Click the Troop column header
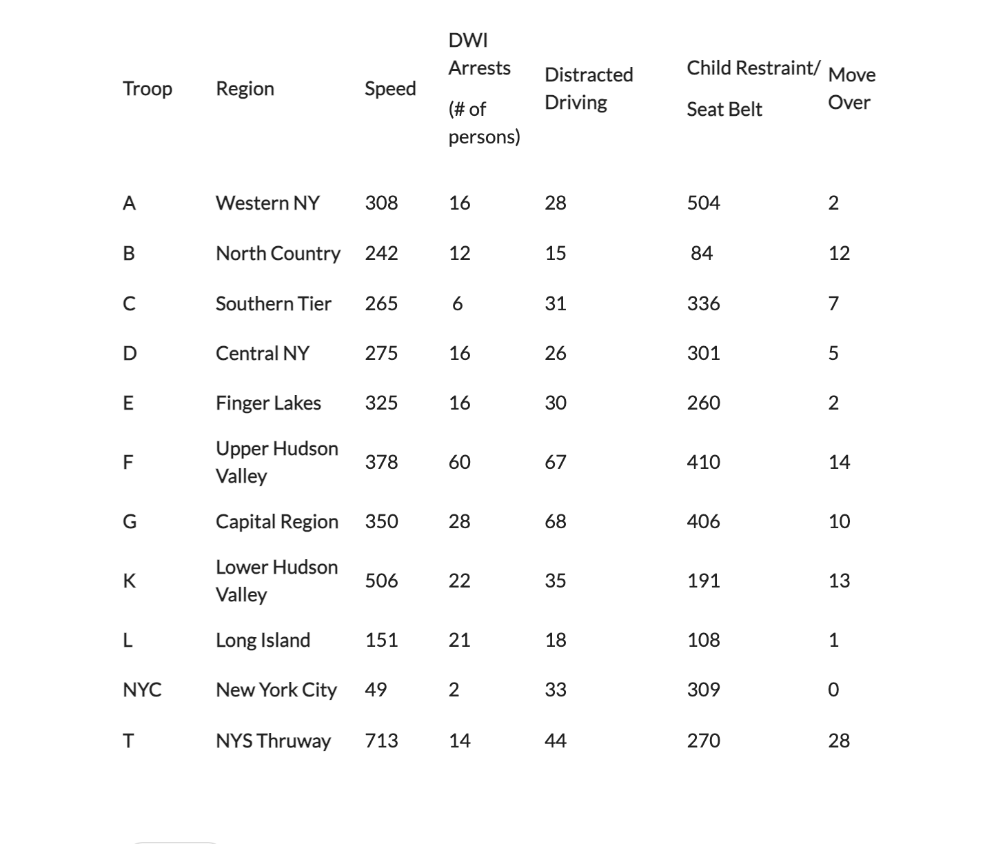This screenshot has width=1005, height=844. [148, 88]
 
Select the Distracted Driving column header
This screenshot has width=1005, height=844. [588, 88]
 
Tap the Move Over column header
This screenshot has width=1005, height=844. [851, 88]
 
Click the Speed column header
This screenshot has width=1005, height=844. [389, 88]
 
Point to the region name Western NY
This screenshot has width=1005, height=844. [267, 203]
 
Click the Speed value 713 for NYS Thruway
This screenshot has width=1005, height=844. [381, 741]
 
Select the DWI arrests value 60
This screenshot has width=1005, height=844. [459, 462]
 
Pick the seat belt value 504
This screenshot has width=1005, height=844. [703, 203]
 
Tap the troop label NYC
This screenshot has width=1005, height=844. [142, 690]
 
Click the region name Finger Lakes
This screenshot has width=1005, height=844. [268, 403]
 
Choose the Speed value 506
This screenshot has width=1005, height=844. [381, 581]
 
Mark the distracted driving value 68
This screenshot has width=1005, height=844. [555, 521]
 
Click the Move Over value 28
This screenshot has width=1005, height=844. [839, 741]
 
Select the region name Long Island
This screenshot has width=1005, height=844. [263, 640]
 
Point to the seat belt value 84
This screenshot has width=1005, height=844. [702, 253]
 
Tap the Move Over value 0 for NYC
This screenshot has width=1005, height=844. [833, 690]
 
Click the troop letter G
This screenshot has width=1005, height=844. [129, 521]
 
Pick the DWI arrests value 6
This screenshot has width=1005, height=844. [457, 303]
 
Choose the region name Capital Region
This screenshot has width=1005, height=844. [276, 521]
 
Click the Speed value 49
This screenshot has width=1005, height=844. [376, 690]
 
